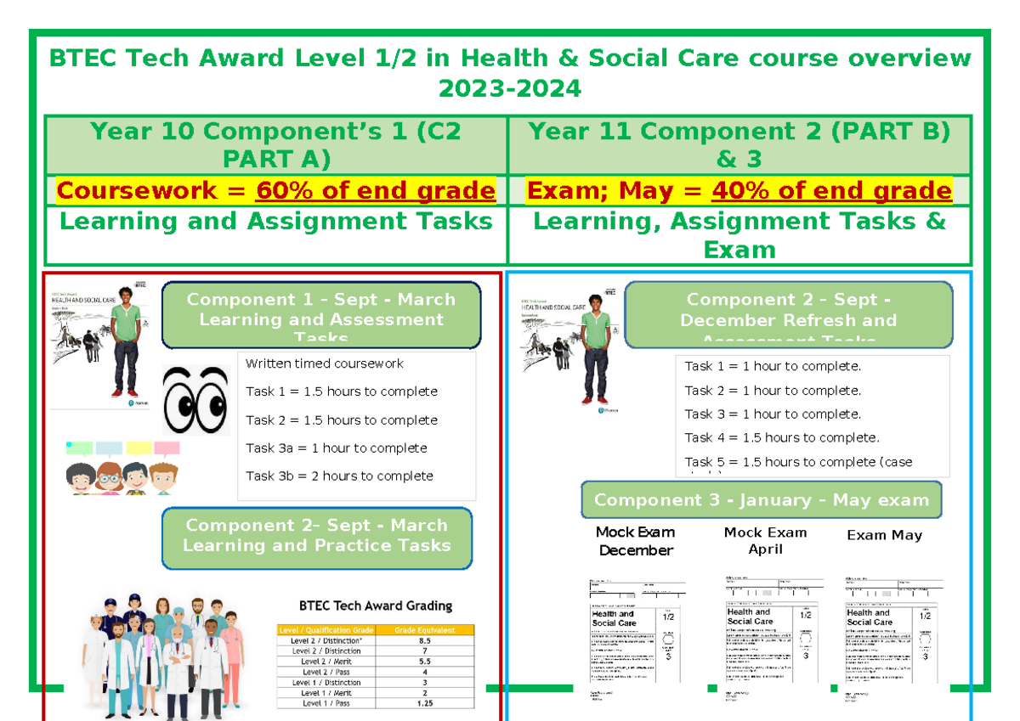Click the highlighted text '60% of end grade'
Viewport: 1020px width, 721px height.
tap(375, 190)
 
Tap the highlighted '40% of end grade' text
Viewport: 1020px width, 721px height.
tap(831, 190)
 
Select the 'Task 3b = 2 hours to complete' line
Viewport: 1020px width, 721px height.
tap(339, 476)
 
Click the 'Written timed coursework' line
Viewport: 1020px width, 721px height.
tap(324, 363)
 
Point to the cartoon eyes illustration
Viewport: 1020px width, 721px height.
tap(195, 400)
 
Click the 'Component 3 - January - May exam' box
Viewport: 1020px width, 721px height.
tap(761, 500)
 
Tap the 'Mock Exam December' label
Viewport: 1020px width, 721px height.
tap(635, 541)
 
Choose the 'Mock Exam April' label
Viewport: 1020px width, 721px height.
tap(765, 540)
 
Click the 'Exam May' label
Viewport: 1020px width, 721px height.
tap(884, 535)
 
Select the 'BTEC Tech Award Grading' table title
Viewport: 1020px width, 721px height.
tap(375, 606)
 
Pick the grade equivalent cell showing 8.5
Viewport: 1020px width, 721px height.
tap(424, 640)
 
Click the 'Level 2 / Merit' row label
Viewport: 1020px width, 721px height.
tap(326, 662)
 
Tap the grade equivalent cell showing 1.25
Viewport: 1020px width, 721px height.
tap(424, 703)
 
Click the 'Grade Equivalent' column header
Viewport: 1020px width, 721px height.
tap(424, 630)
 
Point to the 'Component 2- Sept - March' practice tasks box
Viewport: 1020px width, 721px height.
tap(316, 536)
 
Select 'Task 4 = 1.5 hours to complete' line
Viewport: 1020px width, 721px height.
tap(782, 438)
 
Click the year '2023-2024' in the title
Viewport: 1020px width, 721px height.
tap(509, 87)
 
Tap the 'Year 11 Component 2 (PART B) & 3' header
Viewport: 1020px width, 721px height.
tap(739, 144)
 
